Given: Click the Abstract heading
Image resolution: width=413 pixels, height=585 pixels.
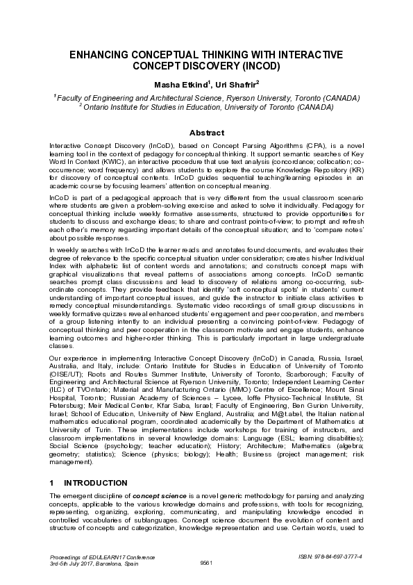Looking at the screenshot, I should [206, 133].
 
